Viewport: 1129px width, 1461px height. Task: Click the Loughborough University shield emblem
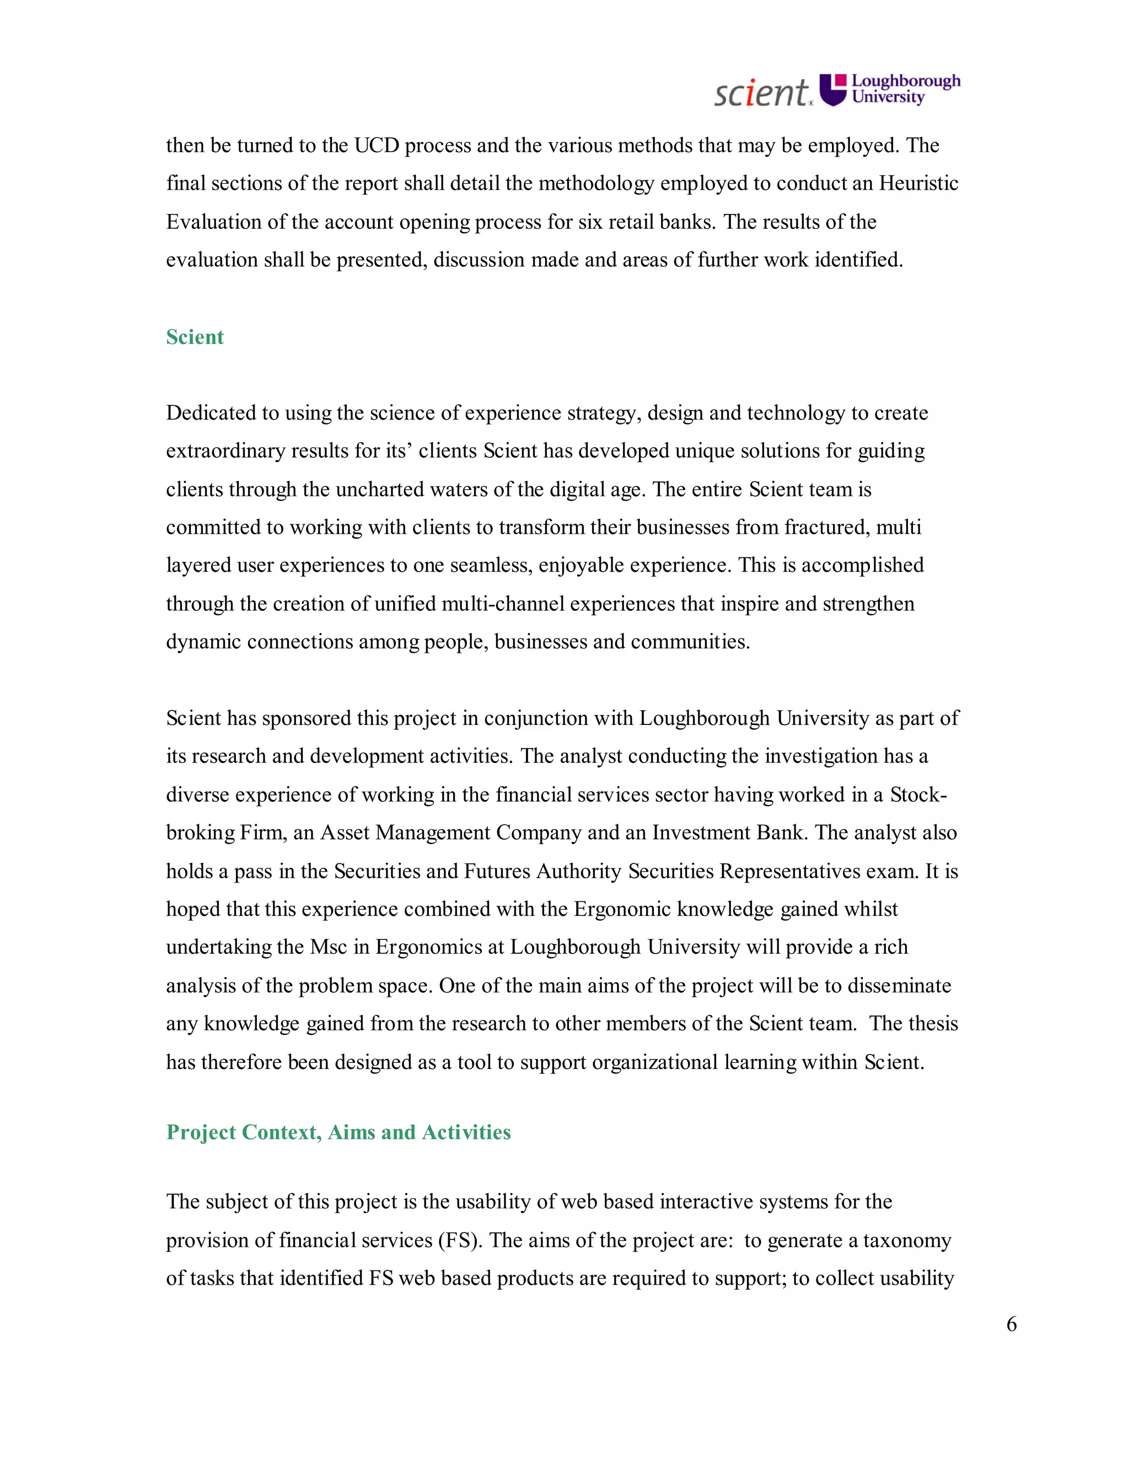tap(834, 90)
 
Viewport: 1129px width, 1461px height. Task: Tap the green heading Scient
tap(195, 337)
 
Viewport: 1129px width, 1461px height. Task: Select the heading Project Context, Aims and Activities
tap(338, 1132)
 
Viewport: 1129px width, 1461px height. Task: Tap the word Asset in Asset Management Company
tap(345, 833)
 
